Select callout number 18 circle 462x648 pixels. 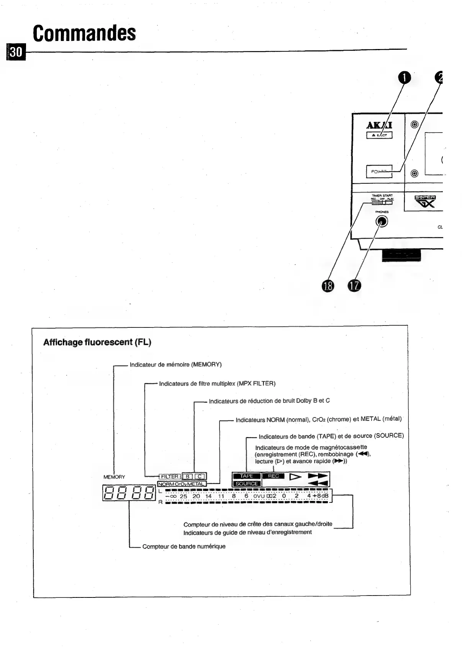(328, 286)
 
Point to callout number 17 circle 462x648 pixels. (354, 286)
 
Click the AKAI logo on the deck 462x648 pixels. (379, 125)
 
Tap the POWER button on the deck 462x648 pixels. (379, 171)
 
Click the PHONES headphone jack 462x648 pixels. (382, 221)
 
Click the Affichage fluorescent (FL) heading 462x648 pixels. (97, 342)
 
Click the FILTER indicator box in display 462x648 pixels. (170, 476)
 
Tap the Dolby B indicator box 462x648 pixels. (188, 476)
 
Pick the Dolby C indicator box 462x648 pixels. (200, 476)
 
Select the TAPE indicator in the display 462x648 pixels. (246, 476)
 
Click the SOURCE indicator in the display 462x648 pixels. (246, 484)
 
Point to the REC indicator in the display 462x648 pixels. (274, 476)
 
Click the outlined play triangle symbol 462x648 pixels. (295, 477)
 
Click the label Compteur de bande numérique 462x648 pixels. (184, 547)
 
